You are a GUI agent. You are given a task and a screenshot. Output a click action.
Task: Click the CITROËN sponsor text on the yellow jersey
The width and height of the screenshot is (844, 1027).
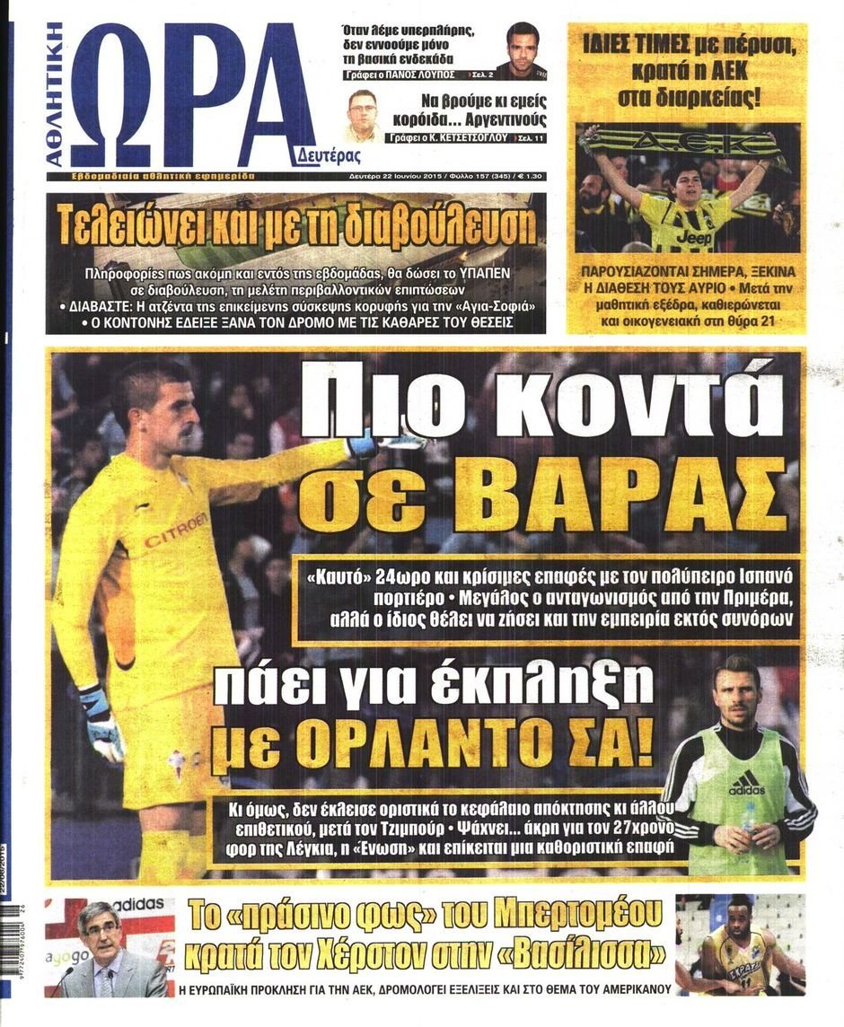coord(176,531)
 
